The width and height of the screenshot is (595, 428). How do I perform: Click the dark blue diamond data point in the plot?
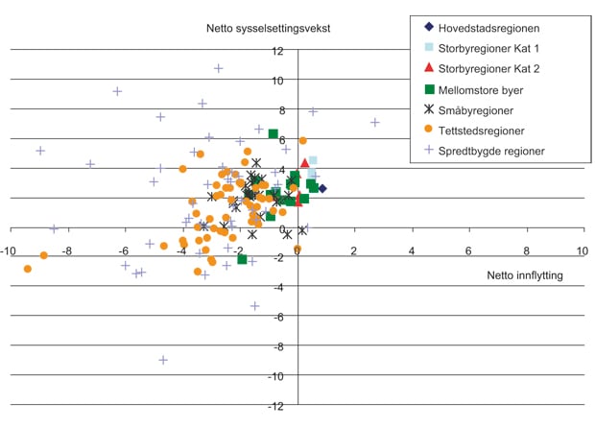click(322, 189)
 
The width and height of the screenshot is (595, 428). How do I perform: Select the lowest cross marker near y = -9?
click(163, 360)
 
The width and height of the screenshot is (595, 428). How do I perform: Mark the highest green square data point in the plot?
click(273, 134)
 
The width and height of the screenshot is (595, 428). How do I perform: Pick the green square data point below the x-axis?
click(242, 259)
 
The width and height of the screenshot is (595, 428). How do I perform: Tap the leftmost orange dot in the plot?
click(27, 269)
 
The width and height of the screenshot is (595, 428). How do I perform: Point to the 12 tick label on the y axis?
click(277, 51)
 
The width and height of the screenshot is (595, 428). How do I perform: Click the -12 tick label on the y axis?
click(275, 406)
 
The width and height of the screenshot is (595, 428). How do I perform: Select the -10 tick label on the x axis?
click(9, 251)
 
